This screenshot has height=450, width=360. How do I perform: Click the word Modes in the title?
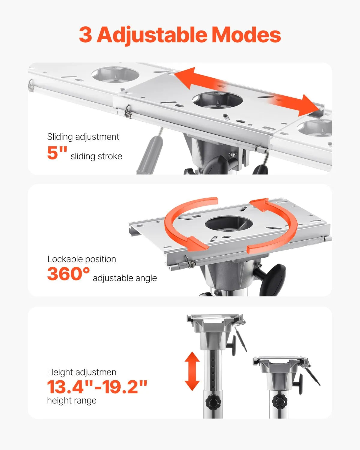[246, 35]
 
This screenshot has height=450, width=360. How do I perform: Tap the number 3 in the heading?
[85, 35]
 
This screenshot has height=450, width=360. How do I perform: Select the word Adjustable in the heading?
[152, 35]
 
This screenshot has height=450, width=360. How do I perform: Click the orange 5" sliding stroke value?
[57, 153]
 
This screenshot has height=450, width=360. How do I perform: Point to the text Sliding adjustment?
[83, 137]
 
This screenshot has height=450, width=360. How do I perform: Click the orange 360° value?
[68, 274]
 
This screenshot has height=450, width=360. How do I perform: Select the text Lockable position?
[82, 259]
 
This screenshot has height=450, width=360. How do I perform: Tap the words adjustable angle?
[125, 278]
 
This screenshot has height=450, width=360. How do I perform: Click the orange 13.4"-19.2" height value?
[97, 387]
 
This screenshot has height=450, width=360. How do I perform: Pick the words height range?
[72, 400]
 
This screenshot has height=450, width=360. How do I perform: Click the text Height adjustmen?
[82, 372]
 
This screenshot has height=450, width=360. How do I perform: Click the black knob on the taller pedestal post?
[214, 401]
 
